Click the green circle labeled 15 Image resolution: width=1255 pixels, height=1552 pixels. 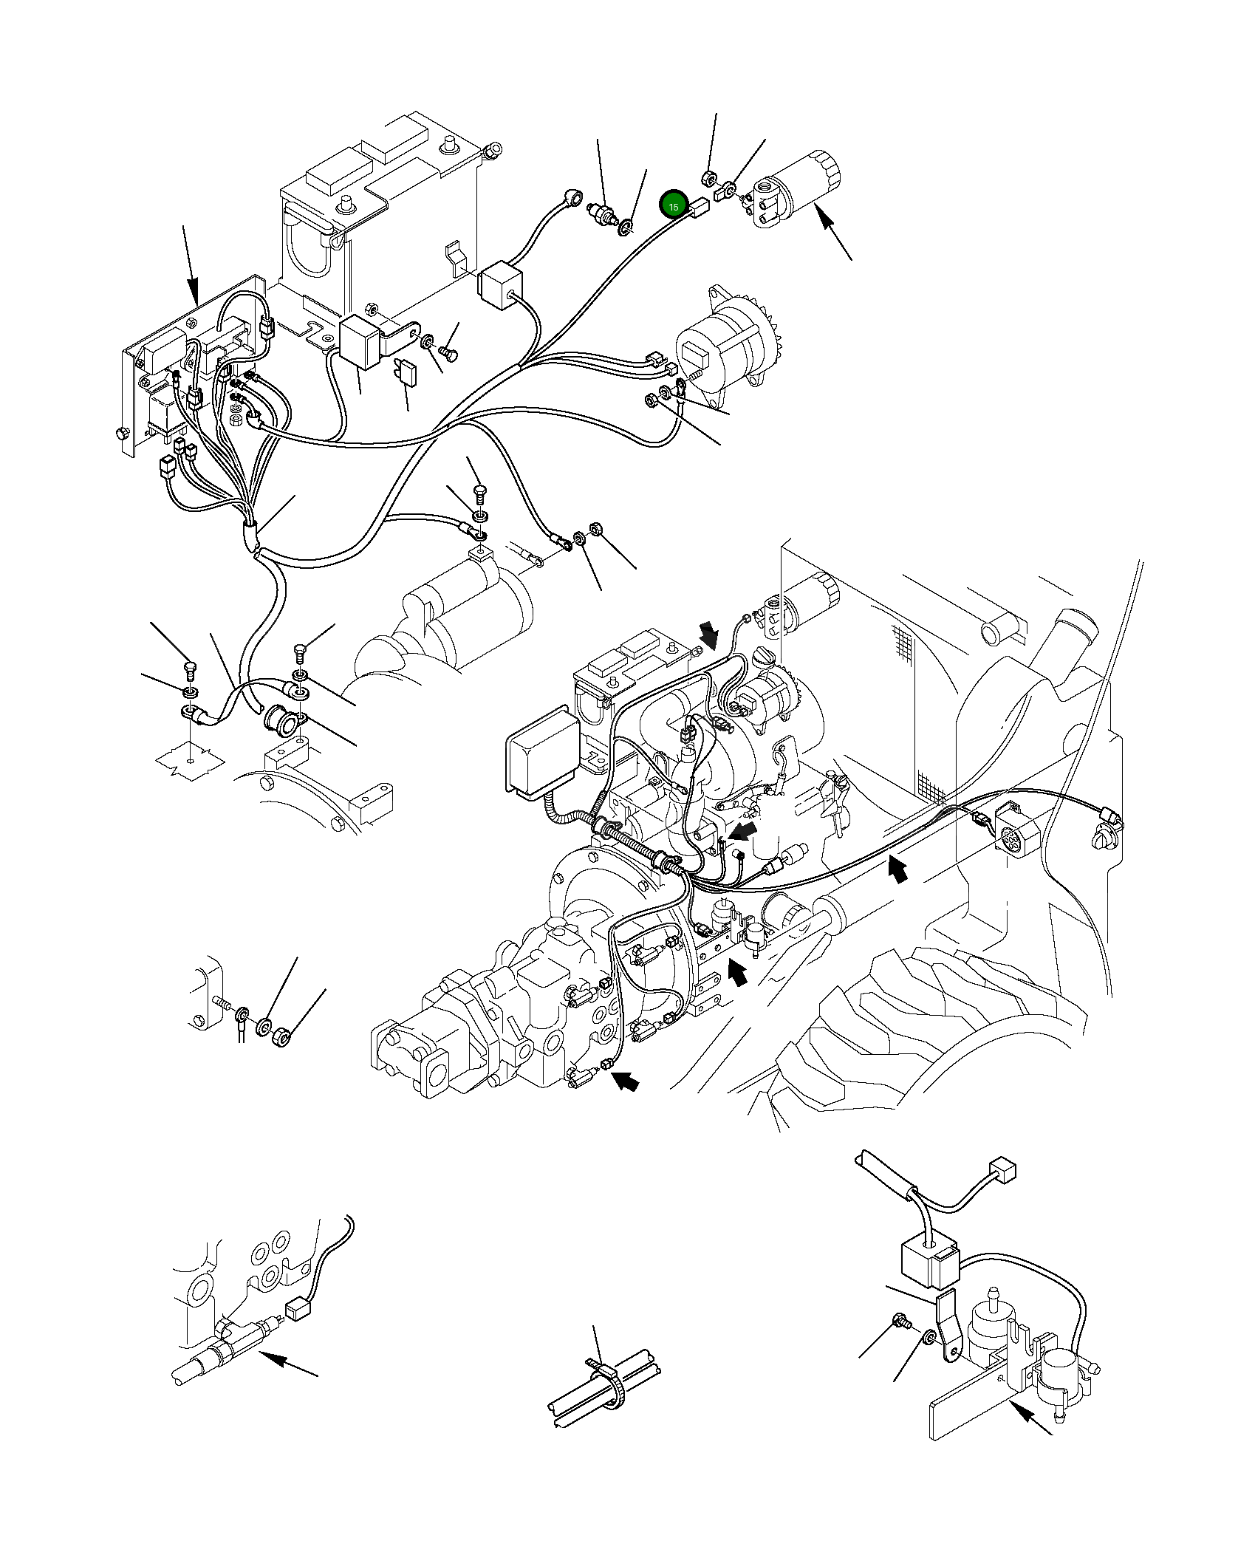[x=673, y=205]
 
